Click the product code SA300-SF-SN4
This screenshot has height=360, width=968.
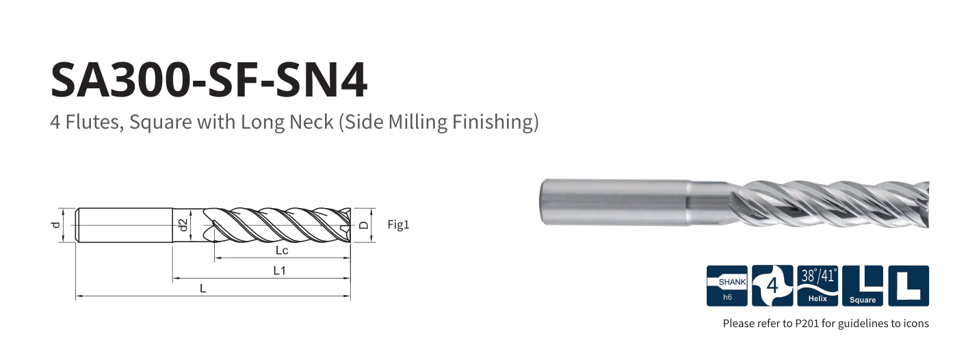coord(209,80)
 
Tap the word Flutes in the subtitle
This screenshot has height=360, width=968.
coord(90,122)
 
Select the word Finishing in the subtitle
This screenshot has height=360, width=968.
coord(495,123)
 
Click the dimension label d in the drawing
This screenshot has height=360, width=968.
coord(55,224)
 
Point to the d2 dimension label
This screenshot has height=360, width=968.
coord(183,224)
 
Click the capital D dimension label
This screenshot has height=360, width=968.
coord(365,224)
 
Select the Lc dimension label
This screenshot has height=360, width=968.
coord(282,250)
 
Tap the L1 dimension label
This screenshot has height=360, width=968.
coord(280,270)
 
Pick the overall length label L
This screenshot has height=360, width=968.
coord(202,288)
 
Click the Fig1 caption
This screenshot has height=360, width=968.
coord(398,224)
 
